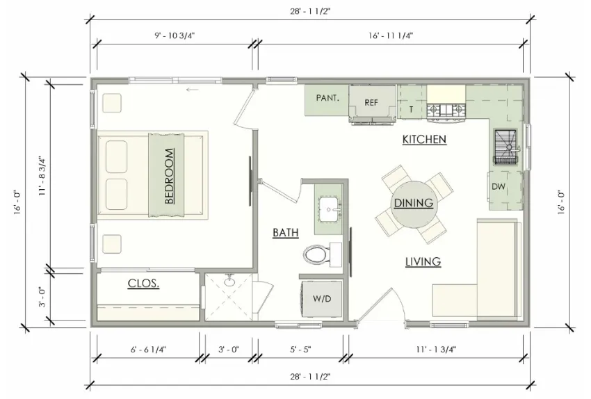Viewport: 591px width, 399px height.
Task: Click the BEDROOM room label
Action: coord(169,176)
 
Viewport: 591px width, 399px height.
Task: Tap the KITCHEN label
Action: coord(424,140)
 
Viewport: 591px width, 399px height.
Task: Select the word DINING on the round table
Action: coord(414,203)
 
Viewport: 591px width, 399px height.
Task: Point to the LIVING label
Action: coord(423,261)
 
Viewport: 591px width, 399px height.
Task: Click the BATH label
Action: coord(286,233)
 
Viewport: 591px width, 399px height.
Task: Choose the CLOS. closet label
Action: coord(143,284)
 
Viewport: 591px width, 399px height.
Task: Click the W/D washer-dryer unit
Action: coord(321,299)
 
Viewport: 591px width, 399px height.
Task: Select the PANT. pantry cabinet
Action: coord(326,100)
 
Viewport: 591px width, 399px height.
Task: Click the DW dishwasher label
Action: coord(499,186)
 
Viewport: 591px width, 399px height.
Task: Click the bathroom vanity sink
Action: coord(329,209)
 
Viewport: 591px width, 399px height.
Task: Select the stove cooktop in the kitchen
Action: coord(446,110)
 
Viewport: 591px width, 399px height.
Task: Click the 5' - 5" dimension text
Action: coord(300,350)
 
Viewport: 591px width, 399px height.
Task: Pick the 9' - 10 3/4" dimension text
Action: coord(175,35)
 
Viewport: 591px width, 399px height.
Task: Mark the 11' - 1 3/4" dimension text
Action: coord(436,350)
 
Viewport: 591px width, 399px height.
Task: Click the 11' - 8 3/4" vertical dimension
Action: coord(42,176)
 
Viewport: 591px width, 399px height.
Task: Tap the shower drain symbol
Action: coord(229,281)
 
